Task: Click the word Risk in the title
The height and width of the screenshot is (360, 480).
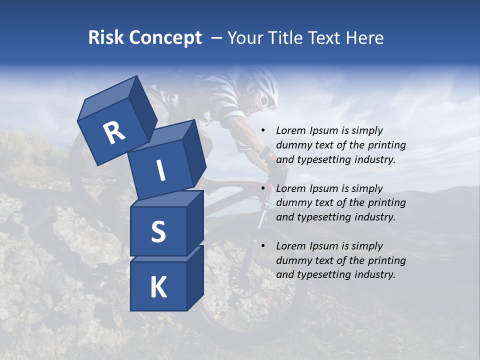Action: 106,37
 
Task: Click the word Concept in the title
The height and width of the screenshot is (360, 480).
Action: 165,38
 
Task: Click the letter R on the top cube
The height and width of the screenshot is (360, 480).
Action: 114,133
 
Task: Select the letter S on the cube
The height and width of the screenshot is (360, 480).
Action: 158,231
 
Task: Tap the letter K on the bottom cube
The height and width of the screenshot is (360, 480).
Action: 158,287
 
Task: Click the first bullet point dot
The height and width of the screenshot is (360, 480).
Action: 263,130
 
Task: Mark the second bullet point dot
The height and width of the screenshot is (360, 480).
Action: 263,188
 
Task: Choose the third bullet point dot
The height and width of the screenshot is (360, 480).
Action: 263,246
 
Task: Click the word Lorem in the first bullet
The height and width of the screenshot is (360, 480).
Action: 291,130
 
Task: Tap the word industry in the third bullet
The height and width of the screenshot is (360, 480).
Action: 374,274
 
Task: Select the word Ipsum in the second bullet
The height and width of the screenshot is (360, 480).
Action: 324,188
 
